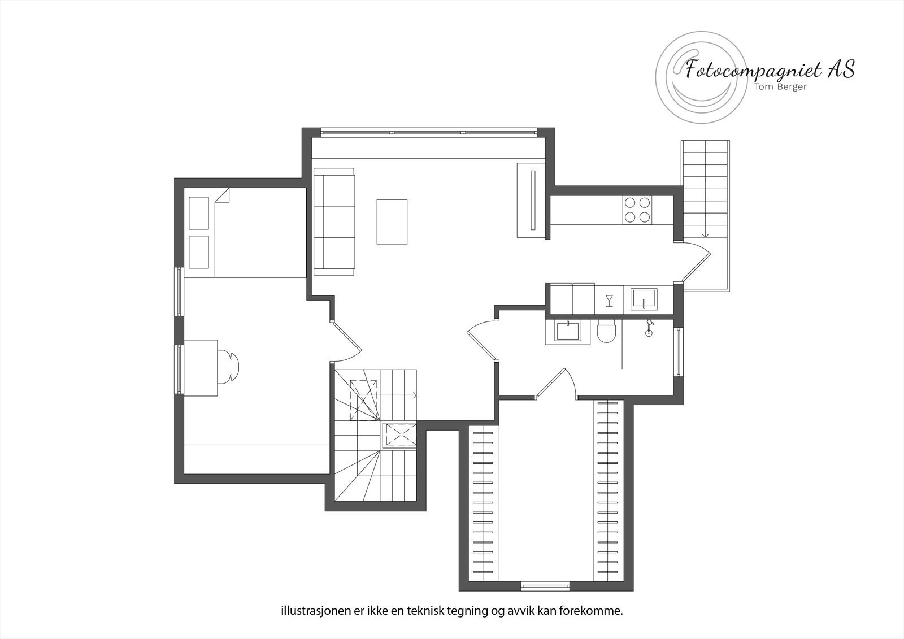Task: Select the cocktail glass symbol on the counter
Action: tap(609, 300)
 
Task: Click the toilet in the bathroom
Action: tap(606, 333)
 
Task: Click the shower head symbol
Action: tap(649, 328)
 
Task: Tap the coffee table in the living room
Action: tap(392, 221)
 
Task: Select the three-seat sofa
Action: tap(334, 221)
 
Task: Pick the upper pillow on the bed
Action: tap(199, 212)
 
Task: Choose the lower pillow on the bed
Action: tap(199, 252)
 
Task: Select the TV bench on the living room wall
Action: tap(531, 201)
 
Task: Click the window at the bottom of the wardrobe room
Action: tap(545, 586)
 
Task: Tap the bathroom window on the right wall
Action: tap(679, 352)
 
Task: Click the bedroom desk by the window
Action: tap(201, 368)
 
